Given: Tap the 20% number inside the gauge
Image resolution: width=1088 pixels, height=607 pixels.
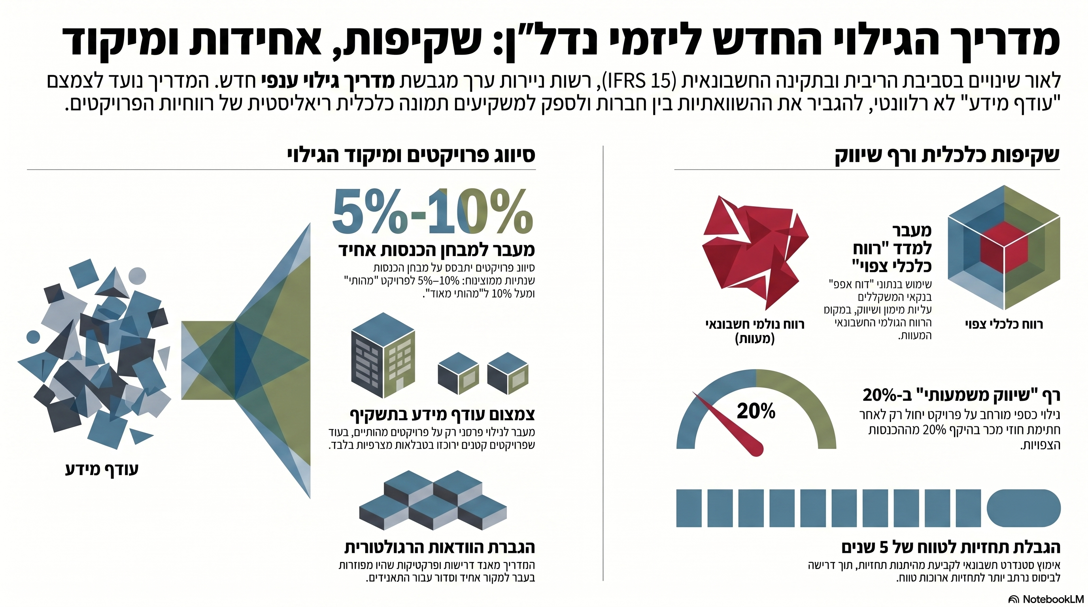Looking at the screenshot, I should point(756,411).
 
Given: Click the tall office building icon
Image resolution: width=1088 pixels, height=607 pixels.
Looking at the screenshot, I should point(383,355).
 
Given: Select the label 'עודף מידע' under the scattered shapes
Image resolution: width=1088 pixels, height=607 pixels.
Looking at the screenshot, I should point(102,469).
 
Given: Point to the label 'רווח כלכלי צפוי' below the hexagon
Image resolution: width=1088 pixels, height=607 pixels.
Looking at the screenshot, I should point(1003,324).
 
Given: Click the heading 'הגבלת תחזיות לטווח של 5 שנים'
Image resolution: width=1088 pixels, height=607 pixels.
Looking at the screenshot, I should point(950,547).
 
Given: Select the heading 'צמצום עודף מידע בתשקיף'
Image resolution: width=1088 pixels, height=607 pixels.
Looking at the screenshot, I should point(442,415).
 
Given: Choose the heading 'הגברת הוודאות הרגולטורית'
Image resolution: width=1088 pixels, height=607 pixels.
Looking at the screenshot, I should point(439,547).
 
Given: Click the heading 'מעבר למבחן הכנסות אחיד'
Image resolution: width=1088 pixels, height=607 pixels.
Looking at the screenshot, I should point(436,250).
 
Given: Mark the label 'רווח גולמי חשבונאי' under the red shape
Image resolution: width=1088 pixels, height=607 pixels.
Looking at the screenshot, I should point(755,324).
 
